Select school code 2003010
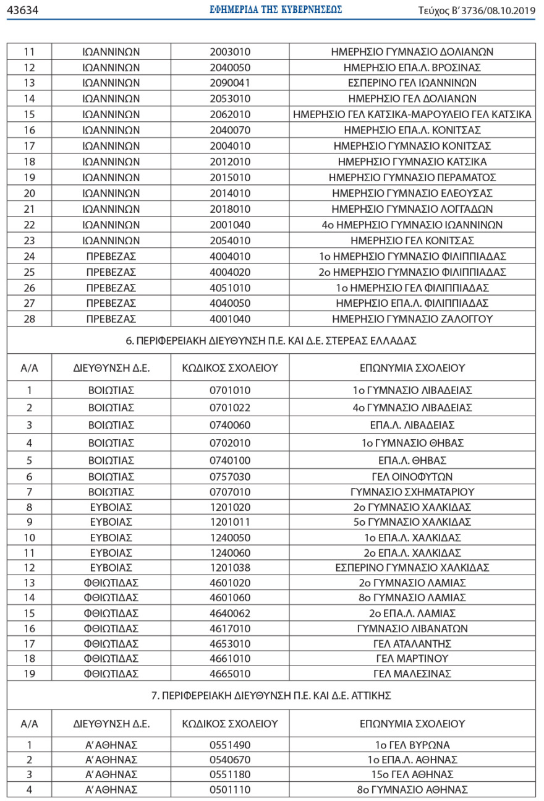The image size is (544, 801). point(230,52)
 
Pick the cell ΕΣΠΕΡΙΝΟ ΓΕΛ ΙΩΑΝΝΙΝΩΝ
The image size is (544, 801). point(412,83)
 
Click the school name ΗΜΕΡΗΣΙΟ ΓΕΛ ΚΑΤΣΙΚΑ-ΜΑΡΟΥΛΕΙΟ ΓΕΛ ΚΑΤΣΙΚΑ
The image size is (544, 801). point(412,114)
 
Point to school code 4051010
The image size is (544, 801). point(230,288)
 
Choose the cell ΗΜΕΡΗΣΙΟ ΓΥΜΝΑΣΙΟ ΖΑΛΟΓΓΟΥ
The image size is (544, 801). point(412,319)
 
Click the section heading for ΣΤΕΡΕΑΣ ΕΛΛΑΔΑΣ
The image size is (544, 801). point(272,341)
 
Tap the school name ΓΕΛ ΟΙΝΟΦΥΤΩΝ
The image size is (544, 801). point(412,477)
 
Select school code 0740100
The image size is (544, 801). point(230,460)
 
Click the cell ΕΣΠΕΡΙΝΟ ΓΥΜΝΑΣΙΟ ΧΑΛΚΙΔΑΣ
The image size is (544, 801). point(412,568)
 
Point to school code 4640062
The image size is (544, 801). point(230,613)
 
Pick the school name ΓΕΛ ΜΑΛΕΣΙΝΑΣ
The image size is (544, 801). point(412,674)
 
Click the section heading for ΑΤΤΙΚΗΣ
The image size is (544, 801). point(272,696)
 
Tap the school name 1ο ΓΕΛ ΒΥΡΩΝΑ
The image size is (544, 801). point(412,745)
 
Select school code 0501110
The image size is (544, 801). point(230,790)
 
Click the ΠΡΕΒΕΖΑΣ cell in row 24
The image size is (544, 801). point(111,256)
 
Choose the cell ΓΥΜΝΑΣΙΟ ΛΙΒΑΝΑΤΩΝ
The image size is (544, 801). point(412,628)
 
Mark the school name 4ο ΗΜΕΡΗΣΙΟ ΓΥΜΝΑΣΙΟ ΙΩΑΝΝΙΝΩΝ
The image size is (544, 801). point(412,225)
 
